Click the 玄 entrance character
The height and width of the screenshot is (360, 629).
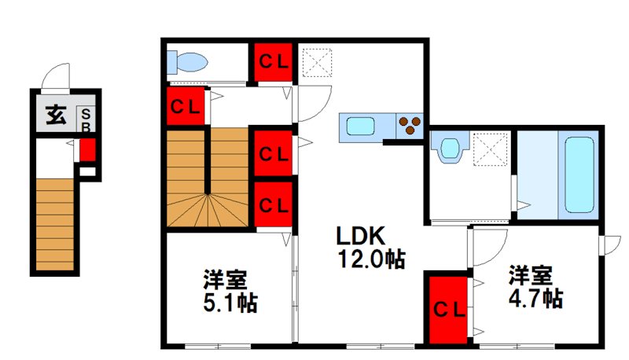[55, 116]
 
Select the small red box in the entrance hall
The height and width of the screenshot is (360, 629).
[87, 149]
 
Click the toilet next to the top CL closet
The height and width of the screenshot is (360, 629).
[187, 61]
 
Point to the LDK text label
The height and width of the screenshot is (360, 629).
[360, 236]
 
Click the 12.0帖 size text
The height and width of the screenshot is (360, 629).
[371, 259]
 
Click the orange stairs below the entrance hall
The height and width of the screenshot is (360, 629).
[55, 224]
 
